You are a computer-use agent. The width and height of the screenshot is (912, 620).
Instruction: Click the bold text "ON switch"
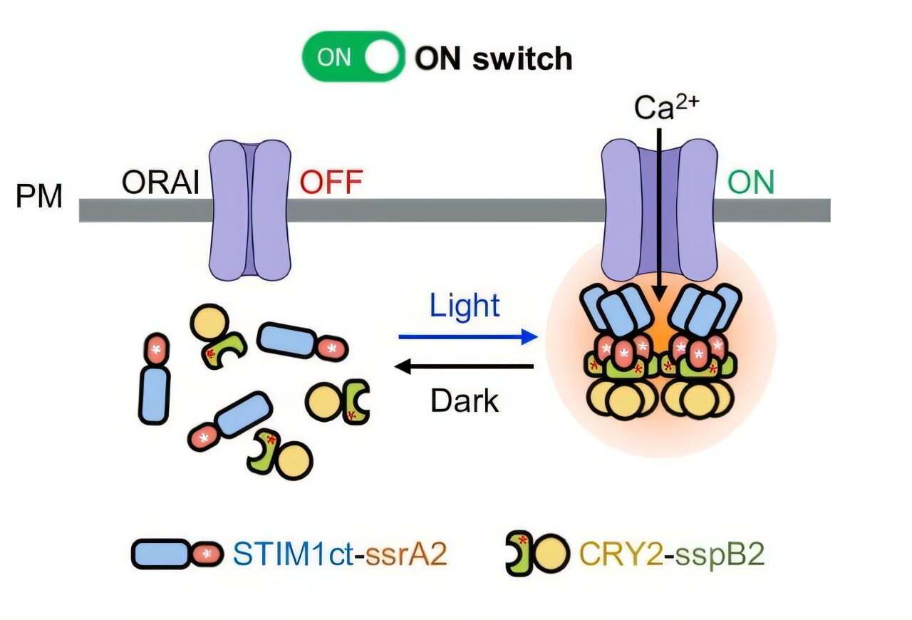point(494,58)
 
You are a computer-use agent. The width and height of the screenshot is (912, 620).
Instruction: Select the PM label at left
point(39,196)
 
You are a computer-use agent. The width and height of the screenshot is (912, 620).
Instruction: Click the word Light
point(465,306)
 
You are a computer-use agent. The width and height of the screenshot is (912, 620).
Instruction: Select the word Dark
point(465,401)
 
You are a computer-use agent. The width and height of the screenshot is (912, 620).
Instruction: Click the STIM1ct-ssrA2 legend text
point(340,554)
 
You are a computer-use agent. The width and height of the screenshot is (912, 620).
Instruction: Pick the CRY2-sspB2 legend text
point(672,554)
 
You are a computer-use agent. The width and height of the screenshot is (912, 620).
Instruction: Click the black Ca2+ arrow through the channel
point(658,214)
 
